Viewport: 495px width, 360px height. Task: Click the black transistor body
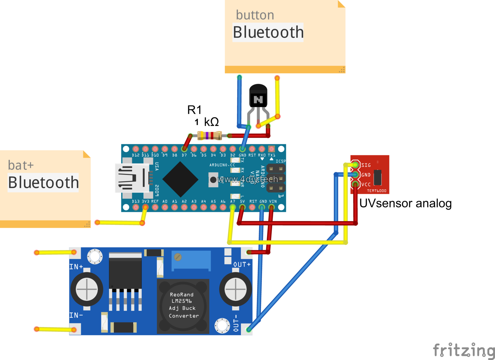click(258, 96)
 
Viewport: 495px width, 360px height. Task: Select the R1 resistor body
click(210, 135)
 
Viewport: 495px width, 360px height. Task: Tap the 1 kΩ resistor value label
click(207, 122)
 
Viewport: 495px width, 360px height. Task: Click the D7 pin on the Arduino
click(184, 149)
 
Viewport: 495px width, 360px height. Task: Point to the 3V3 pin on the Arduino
click(145, 207)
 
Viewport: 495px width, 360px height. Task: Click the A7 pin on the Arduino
click(233, 207)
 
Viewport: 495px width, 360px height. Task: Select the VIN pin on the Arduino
click(272, 207)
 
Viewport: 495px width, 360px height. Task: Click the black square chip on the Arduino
click(180, 179)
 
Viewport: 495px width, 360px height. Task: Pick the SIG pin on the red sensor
click(355, 164)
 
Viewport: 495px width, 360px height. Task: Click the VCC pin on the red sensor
click(355, 184)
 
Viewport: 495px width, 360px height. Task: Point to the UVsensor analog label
click(405, 203)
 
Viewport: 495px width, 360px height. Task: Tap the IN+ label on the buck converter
click(76, 267)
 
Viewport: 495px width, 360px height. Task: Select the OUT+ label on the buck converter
click(242, 265)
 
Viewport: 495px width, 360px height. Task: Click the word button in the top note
click(255, 15)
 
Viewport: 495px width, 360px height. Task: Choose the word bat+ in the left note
click(21, 165)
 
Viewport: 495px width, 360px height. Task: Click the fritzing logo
click(463, 350)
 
